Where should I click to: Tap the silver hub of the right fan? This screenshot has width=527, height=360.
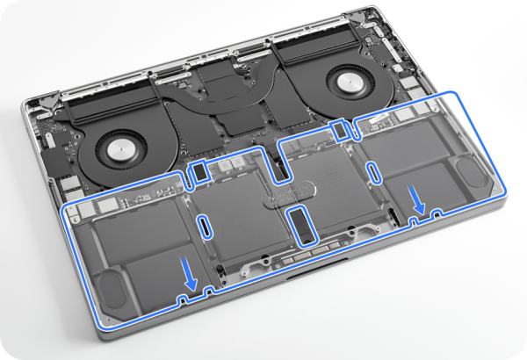click(x=344, y=82)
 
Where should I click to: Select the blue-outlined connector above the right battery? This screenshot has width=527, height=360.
click(x=341, y=129)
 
